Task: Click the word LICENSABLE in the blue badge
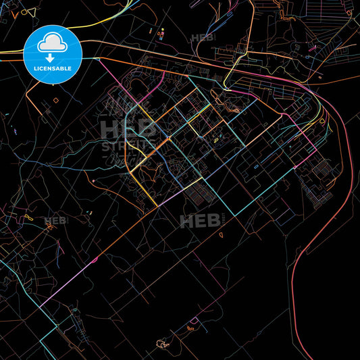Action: click(52, 68)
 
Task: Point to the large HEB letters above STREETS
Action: click(126, 128)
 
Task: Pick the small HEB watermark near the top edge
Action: click(203, 38)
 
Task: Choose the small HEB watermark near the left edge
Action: click(56, 221)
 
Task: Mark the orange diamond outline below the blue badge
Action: click(55, 99)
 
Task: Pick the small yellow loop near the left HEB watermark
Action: click(29, 217)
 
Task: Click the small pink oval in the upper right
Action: click(313, 47)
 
